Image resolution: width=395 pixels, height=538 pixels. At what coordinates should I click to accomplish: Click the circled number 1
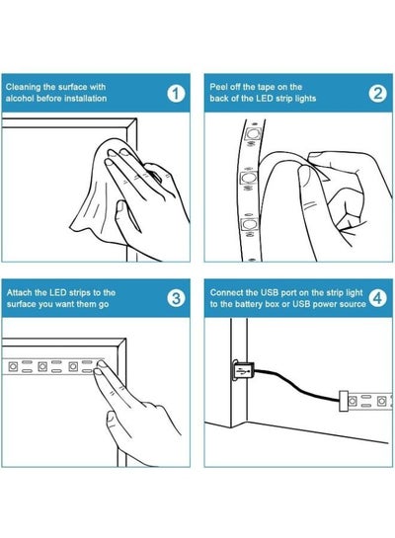(x=176, y=94)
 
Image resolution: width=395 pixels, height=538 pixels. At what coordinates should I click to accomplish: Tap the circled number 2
(x=377, y=94)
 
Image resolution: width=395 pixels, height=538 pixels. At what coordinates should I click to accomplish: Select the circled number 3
(x=176, y=298)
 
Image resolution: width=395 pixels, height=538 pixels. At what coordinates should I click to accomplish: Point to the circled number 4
(x=377, y=298)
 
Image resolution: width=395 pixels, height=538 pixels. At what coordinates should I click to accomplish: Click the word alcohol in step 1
(x=20, y=99)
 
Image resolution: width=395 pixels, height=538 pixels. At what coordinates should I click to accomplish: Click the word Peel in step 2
(x=218, y=87)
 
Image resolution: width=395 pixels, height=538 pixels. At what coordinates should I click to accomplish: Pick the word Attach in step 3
(x=19, y=292)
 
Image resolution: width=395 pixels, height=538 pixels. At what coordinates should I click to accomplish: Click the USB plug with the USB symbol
(x=243, y=370)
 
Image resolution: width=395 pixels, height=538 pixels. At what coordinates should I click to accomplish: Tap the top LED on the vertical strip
(x=253, y=133)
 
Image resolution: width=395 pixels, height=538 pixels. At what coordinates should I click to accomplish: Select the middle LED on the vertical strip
(x=248, y=178)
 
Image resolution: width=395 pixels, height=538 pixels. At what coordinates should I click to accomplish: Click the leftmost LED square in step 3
(x=13, y=367)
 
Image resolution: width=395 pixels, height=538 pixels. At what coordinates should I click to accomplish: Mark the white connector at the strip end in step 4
(x=344, y=401)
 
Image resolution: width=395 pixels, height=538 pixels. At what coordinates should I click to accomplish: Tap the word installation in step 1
(x=86, y=99)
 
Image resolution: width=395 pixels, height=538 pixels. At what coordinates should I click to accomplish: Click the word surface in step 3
(x=22, y=304)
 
